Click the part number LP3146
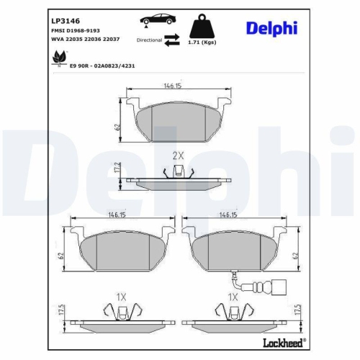pyautogui.click(x=66, y=20)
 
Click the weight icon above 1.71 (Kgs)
pyautogui.click(x=202, y=27)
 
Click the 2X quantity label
pyautogui.click(x=179, y=155)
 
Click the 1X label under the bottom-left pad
pyautogui.click(x=122, y=297)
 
